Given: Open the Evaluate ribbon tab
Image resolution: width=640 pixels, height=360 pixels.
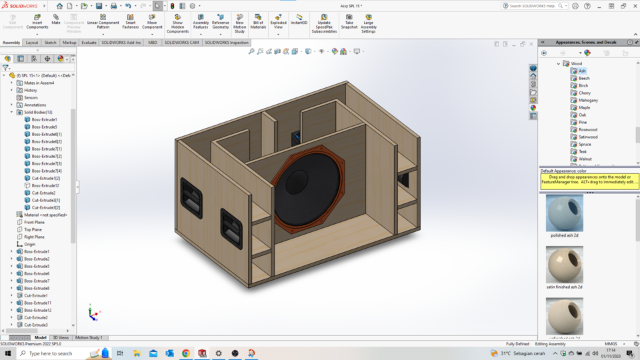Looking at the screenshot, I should [89, 43].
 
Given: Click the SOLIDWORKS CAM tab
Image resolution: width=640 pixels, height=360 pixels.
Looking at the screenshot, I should [181, 43].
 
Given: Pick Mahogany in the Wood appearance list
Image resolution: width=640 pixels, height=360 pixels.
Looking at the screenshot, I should [588, 100].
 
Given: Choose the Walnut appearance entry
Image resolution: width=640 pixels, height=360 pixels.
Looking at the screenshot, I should [585, 159].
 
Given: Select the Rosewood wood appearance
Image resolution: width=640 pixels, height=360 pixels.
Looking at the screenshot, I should [587, 129].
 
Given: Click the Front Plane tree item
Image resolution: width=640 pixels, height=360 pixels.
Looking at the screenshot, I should [34, 222].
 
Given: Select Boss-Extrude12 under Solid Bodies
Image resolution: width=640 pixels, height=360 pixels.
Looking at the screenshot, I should [45, 185].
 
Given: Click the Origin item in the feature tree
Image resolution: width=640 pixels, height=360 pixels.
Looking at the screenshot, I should [30, 244].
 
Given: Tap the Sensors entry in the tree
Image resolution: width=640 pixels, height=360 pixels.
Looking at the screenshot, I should [31, 97].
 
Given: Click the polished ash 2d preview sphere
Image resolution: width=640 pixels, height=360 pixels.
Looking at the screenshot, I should [564, 213].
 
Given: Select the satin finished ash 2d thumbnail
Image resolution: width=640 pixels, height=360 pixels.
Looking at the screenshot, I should [564, 265].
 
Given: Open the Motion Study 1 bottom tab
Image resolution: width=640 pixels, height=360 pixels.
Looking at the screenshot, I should [89, 338].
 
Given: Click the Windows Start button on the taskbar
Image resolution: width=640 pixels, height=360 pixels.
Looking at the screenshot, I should [8, 353].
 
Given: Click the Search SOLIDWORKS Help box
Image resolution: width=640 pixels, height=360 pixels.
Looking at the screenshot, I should [533, 6].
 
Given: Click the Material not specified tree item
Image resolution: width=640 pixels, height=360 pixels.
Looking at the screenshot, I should [45, 215].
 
